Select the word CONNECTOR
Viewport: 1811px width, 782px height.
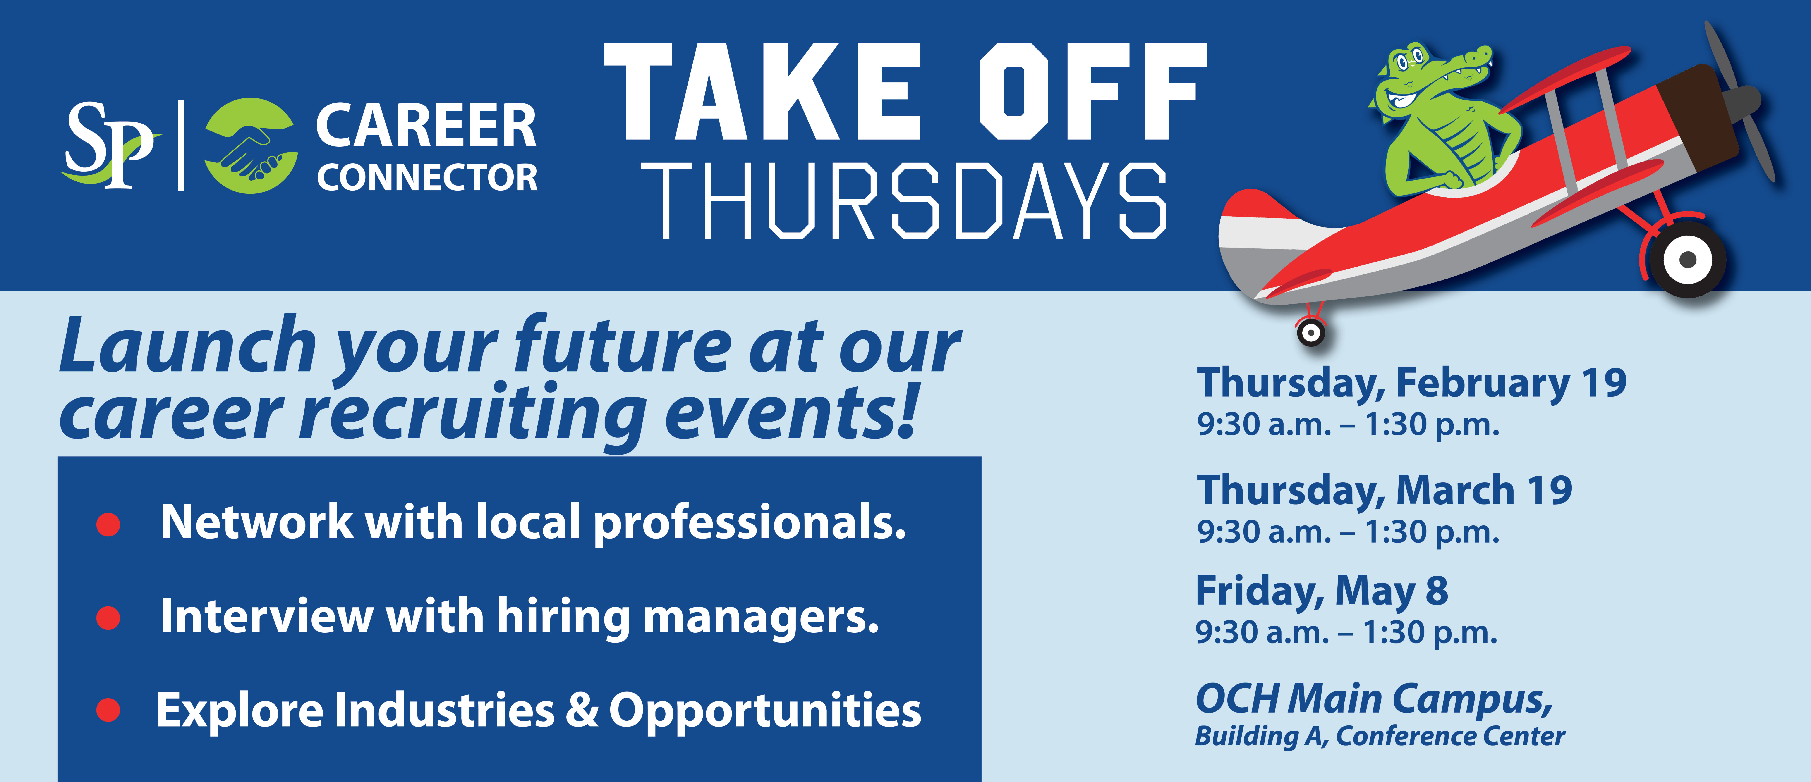[x=427, y=177]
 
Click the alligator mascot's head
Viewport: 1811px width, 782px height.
[x=1427, y=81]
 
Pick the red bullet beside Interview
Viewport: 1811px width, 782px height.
[x=108, y=617]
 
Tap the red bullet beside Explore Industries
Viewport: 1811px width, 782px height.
[x=108, y=710]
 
